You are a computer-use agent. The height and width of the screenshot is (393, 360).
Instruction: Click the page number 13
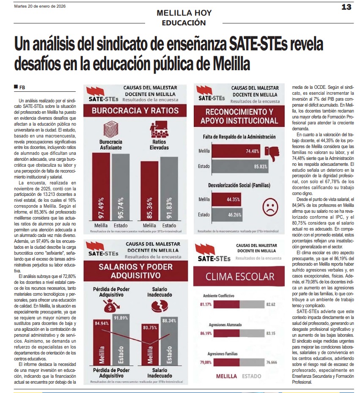coord(346,7)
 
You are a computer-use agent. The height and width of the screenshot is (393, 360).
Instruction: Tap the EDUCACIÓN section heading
coord(184,22)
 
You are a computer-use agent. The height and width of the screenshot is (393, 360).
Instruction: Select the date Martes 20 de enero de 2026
coord(40,6)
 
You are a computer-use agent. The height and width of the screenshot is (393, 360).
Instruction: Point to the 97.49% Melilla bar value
coord(101,203)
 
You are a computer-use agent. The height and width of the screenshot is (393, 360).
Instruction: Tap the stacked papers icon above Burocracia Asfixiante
coord(110,129)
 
